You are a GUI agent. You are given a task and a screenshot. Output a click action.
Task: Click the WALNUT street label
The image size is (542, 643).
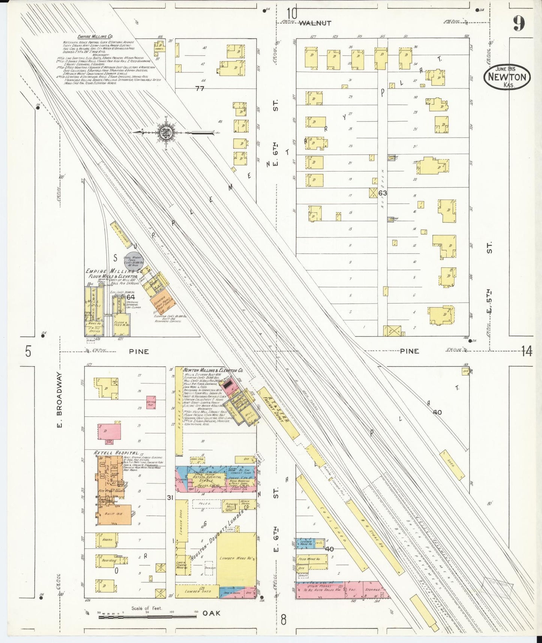click(x=315, y=23)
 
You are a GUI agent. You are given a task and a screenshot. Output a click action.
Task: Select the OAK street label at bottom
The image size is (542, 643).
click(x=212, y=613)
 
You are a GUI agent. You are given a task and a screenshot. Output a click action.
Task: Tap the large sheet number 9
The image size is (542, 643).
click(x=519, y=24)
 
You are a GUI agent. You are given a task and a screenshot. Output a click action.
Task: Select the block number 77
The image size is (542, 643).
click(x=200, y=89)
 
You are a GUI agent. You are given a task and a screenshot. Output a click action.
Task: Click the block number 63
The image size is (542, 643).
click(x=383, y=193)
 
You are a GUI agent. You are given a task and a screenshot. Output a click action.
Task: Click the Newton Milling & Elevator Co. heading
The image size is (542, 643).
click(x=213, y=370)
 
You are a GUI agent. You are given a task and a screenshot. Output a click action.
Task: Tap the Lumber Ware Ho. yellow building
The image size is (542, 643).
click(x=236, y=558)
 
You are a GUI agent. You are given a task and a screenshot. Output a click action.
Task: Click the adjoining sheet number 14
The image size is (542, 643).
click(x=526, y=352)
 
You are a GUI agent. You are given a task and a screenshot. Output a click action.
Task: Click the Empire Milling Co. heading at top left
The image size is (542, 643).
click(x=95, y=36)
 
